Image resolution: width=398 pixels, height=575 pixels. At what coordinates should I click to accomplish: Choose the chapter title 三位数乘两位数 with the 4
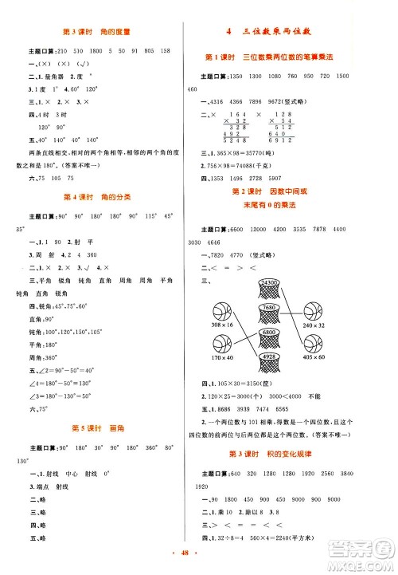pyautogui.click(x=290, y=32)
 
